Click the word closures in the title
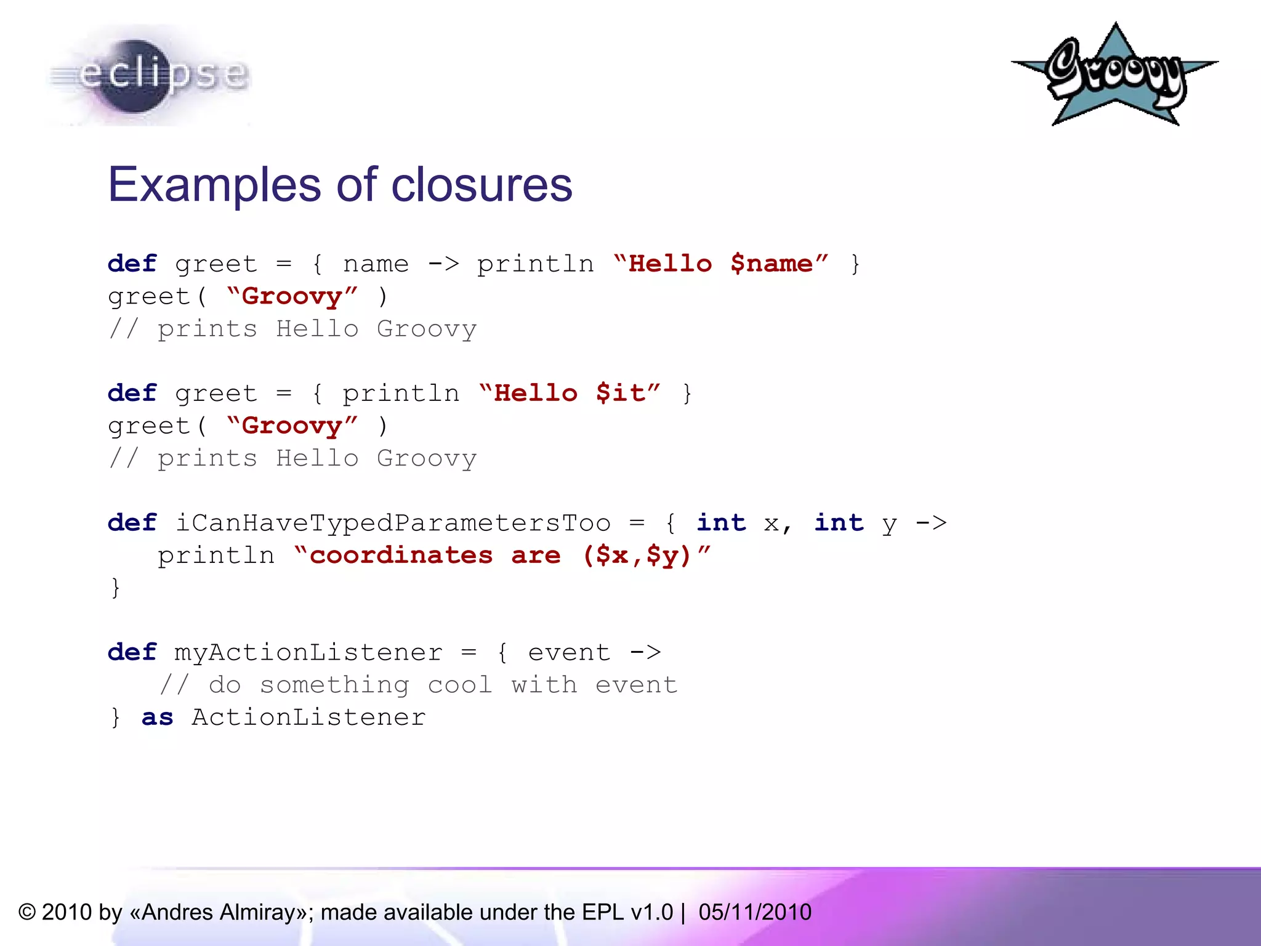481,185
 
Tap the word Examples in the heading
214,185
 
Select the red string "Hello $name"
721,264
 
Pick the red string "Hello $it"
570,393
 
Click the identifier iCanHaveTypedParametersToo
393,523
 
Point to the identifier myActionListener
308,652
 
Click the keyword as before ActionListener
157,718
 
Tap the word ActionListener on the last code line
308,718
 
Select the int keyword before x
721,523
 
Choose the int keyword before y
839,523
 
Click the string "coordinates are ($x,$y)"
502,556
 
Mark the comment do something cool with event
419,685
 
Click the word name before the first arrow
376,264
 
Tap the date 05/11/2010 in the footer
755,912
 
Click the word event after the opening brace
569,652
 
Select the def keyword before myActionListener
132,652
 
